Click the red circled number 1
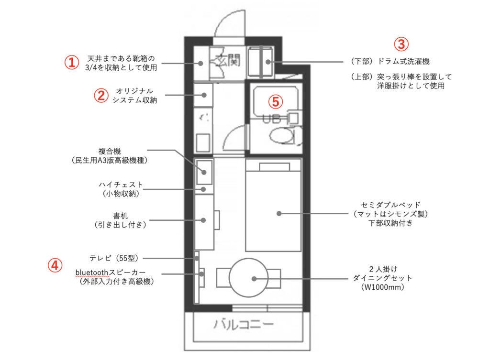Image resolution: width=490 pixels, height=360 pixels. coord(72,62)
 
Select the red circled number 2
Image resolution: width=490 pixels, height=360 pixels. coord(101,95)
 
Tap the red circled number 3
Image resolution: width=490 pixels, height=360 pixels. coord(401,44)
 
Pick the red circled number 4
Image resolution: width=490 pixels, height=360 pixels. coord(55,265)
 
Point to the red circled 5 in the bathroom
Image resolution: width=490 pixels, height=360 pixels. coord(276,101)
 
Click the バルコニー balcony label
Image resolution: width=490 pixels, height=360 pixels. coord(244,325)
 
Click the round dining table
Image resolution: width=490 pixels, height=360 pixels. coord(248,278)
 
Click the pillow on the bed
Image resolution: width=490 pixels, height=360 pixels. coord(274,167)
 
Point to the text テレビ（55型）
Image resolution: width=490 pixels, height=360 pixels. coord(114,258)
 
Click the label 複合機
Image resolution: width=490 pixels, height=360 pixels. coord(110,152)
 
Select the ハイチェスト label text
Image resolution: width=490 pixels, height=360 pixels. coord(121,185)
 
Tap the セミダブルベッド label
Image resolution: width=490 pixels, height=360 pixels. coord(390,205)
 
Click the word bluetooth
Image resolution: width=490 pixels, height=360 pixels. coord(91,273)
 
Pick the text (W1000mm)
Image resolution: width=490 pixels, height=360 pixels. coord(382,287)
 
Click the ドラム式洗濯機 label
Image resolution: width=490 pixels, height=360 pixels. coord(403,61)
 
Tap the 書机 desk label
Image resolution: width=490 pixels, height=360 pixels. coord(121,216)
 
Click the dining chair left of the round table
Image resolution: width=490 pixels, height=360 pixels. coord(223,278)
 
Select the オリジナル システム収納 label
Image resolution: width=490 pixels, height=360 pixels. coord(134,96)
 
